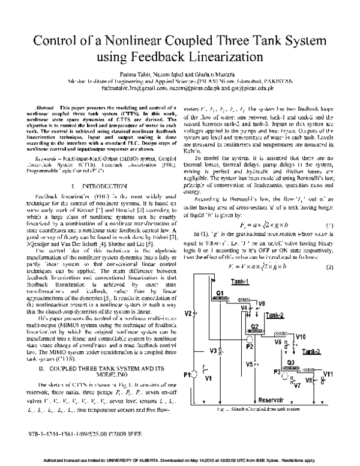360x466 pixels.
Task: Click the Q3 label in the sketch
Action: [290, 363]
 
